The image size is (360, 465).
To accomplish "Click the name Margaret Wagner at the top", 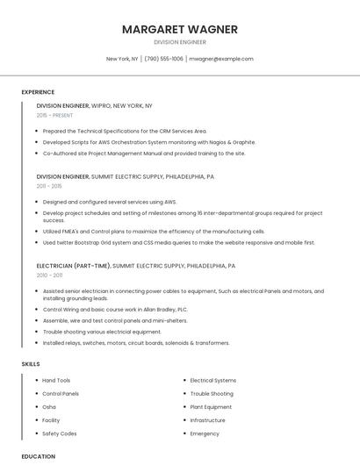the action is (179, 29).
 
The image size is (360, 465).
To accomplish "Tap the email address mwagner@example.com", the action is (220, 59).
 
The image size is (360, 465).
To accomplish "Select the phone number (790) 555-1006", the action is (164, 59).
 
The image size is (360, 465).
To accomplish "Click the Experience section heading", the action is (38, 92).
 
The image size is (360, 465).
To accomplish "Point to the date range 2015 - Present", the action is (54, 115).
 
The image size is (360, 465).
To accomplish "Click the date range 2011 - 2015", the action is (49, 186).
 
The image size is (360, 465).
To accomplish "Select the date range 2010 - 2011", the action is (49, 275).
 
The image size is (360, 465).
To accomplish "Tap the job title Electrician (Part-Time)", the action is (73, 266).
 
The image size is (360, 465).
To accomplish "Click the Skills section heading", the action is (31, 363).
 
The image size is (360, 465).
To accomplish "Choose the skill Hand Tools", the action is (56, 380).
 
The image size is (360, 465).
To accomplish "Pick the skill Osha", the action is (49, 407).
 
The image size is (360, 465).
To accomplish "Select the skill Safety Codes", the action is (60, 433).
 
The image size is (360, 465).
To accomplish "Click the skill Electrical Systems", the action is (213, 380).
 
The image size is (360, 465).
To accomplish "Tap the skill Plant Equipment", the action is (211, 407).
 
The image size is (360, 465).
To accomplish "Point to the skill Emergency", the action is (205, 433).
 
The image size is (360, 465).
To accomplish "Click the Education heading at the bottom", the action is (38, 456).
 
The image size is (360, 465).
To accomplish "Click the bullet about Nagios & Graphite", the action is (149, 141).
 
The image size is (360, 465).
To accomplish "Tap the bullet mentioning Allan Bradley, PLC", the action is (115, 310).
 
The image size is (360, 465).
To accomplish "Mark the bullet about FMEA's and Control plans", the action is (155, 232).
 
